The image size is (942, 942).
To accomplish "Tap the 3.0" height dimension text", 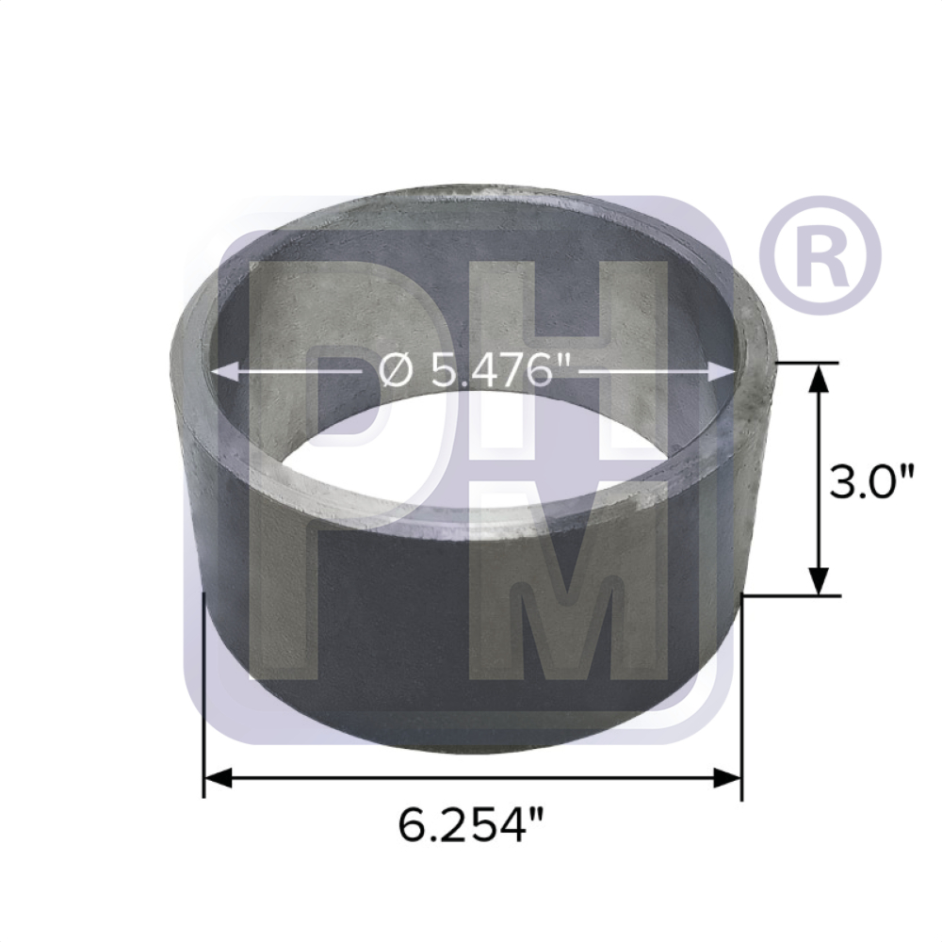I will coord(872,481).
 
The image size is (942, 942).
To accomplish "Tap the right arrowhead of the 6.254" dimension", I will coord(729,778).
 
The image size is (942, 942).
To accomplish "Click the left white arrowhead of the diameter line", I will coord(221,373).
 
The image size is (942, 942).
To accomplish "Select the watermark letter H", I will coord(575,358).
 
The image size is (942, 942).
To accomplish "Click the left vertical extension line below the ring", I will coord(204,697).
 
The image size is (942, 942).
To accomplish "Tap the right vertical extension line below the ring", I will coord(742,697).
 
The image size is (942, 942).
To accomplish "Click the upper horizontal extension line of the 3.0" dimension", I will coord(801,362).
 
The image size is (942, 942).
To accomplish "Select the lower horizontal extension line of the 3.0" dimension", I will coord(791,595).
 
